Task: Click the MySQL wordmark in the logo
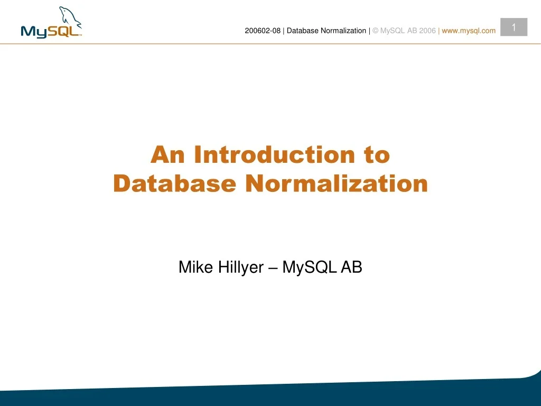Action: point(50,31)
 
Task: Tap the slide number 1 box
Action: point(514,27)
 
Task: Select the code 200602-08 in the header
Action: point(263,31)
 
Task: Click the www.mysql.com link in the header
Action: point(469,31)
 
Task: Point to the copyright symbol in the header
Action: point(375,31)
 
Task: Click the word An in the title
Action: point(169,155)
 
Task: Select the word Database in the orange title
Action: point(174,183)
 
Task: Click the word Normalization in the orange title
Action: point(337,183)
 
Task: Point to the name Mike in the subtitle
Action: point(191,267)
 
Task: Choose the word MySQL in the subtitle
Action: point(309,267)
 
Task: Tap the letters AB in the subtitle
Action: point(351,267)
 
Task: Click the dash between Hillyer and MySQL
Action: point(273,268)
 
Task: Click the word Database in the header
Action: point(303,31)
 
